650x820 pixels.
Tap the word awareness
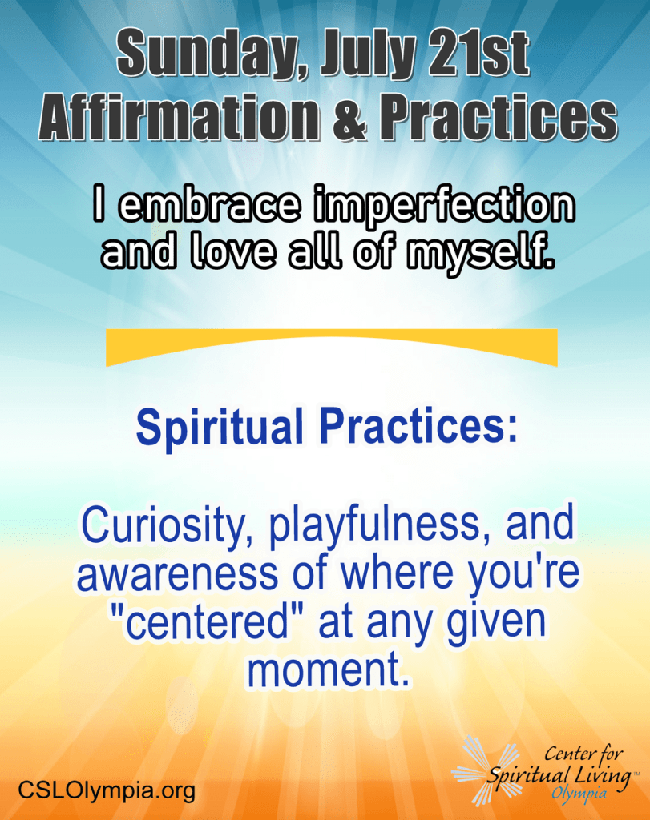coord(177,573)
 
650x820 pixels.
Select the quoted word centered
coord(209,622)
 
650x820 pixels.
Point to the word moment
coord(328,670)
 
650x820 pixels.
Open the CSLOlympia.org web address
coord(107,790)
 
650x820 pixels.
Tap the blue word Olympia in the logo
coord(579,794)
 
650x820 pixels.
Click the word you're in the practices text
coord(523,573)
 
